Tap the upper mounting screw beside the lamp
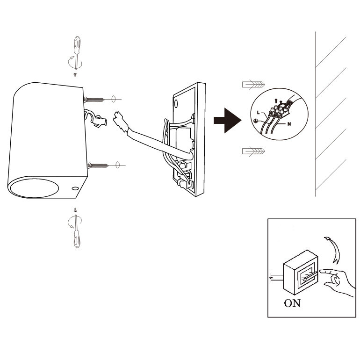click(96, 100)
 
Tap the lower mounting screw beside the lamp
click(98, 165)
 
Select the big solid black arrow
click(226, 120)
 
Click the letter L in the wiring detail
click(259, 113)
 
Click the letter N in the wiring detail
click(290, 124)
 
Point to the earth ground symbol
click(256, 121)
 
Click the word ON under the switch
click(292, 303)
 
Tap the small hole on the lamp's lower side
click(75, 188)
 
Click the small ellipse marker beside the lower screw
click(118, 165)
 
